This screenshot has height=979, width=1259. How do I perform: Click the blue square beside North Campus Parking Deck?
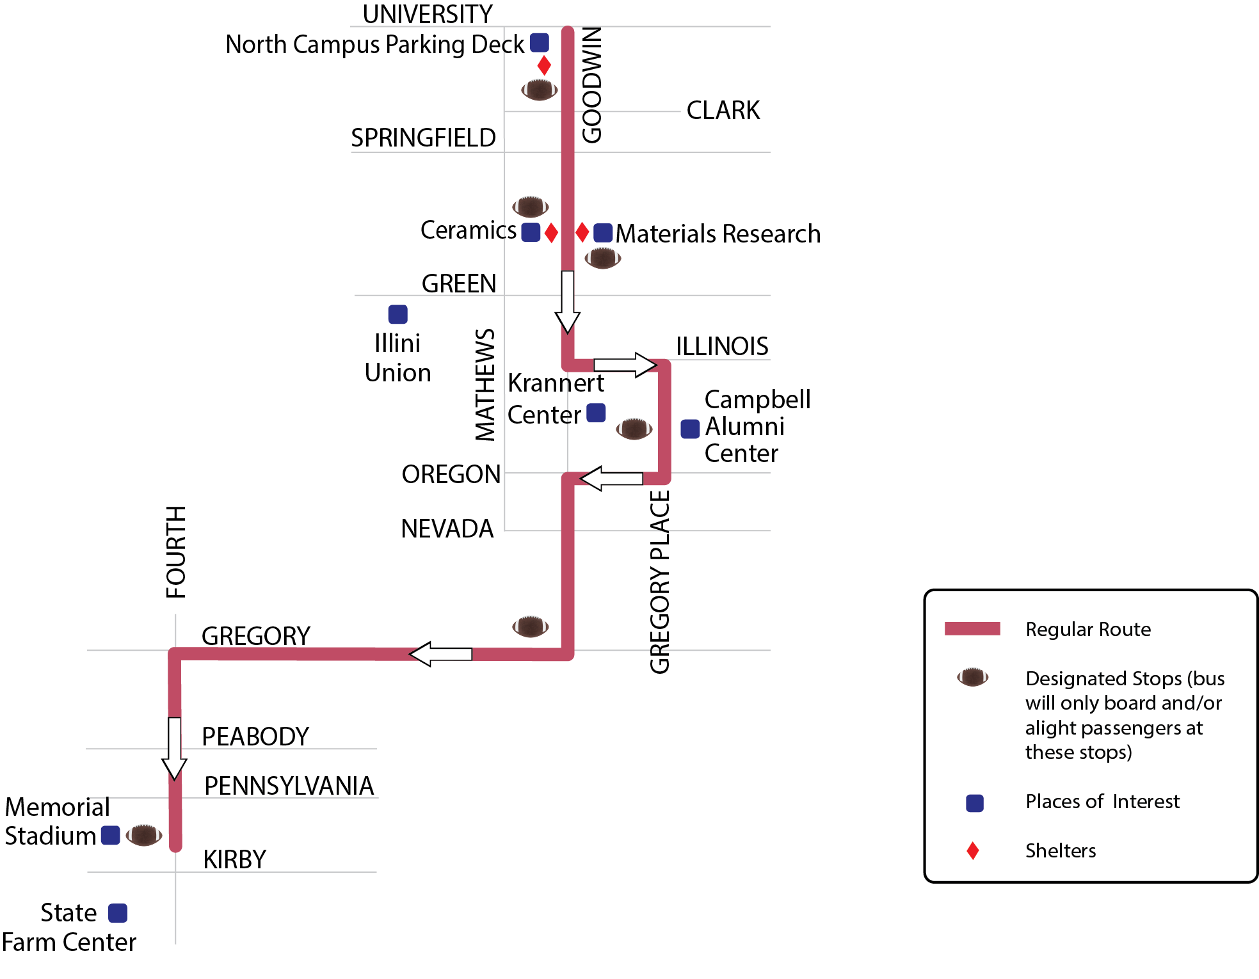[x=540, y=43]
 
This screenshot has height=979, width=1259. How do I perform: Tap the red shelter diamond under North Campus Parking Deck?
[x=544, y=65]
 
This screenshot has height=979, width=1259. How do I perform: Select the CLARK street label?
[x=723, y=110]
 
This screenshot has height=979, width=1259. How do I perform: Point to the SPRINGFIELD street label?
[x=424, y=138]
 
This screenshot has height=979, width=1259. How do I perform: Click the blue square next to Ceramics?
[x=531, y=232]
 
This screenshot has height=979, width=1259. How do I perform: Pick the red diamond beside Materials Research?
[x=582, y=232]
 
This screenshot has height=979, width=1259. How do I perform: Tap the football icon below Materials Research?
[x=603, y=259]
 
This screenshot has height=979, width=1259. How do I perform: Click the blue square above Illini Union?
[x=398, y=314]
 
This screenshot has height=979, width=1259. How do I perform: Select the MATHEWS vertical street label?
[x=485, y=385]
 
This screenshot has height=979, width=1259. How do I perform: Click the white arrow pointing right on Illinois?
[x=625, y=365]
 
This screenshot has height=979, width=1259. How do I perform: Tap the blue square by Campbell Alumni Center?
[x=690, y=429]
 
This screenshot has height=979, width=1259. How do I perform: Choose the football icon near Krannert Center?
[x=634, y=429]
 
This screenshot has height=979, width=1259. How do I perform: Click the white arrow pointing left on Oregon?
[x=611, y=479]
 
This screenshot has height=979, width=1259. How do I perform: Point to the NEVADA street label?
[x=447, y=529]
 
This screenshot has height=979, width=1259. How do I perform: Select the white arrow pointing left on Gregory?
[x=440, y=654]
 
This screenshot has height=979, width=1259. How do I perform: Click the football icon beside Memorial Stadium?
[x=144, y=835]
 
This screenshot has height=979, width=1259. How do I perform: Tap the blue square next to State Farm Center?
[x=118, y=913]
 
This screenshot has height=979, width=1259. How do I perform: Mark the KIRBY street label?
[x=234, y=859]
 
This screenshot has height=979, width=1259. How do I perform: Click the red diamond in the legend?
[x=973, y=850]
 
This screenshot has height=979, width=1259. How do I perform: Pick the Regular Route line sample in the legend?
[x=972, y=628]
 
